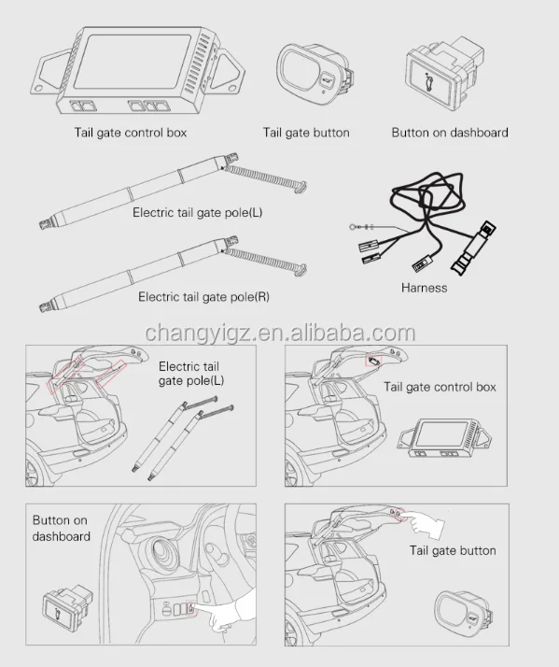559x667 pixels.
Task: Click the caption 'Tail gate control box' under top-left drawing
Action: (x=131, y=133)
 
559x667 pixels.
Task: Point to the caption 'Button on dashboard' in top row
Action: (x=450, y=133)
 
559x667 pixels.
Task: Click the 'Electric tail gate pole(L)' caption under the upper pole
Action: (x=197, y=212)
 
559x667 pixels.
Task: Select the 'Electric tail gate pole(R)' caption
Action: (x=203, y=297)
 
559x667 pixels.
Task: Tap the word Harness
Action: (x=424, y=288)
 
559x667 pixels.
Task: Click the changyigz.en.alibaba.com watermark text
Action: (x=280, y=334)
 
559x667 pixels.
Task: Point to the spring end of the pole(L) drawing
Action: (x=271, y=175)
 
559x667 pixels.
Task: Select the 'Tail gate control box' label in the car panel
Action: (x=440, y=386)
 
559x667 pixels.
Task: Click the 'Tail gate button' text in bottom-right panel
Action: (x=453, y=550)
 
